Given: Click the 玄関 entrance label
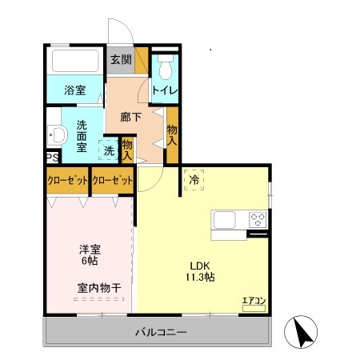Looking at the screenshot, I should (x=120, y=60).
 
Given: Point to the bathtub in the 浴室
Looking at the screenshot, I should (x=74, y=61).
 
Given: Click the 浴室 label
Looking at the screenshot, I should (x=74, y=90).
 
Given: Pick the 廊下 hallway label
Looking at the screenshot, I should (x=130, y=117).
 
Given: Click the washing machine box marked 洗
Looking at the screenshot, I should (x=107, y=149).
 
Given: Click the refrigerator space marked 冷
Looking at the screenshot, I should (x=194, y=181).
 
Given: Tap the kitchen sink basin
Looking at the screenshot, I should (x=223, y=219).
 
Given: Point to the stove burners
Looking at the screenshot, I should (x=258, y=218).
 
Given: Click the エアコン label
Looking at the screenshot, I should (x=254, y=302).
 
